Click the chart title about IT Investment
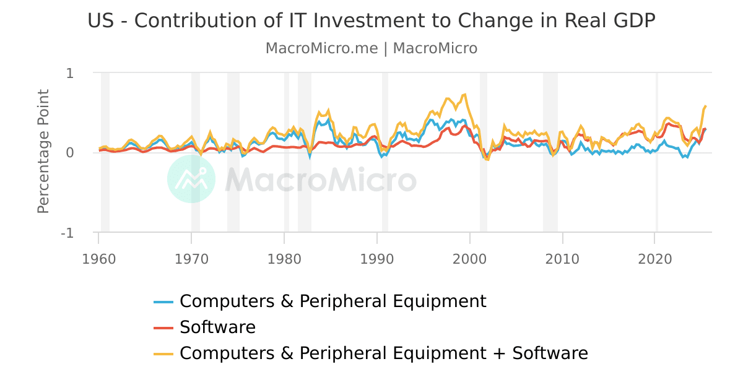click(x=371, y=20)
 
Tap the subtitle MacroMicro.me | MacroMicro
click(x=371, y=48)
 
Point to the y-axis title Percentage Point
click(x=43, y=152)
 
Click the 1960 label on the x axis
click(x=98, y=259)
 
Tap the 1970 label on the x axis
click(x=191, y=259)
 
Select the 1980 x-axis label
click(x=284, y=259)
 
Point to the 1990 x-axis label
click(x=377, y=259)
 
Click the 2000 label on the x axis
click(x=470, y=259)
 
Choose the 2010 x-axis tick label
click(x=563, y=259)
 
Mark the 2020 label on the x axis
click(x=656, y=259)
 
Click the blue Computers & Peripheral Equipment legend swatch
click(x=163, y=301)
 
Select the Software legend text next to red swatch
click(x=217, y=327)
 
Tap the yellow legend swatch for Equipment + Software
click(x=163, y=353)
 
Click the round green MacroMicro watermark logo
click(x=191, y=179)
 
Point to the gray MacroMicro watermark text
click(x=320, y=180)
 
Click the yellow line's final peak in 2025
click(x=705, y=106)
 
